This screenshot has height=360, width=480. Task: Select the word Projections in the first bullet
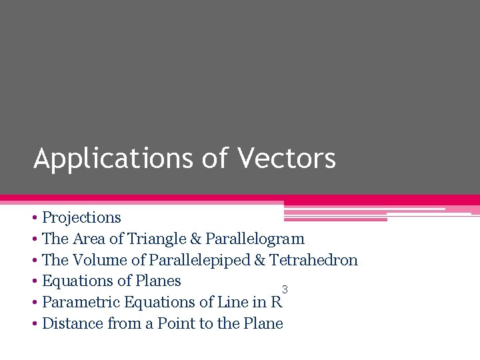pos(81,217)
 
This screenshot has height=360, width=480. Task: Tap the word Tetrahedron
pos(313,260)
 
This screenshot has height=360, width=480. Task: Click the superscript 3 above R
pos(285,289)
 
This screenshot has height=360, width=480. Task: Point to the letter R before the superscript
pos(277,302)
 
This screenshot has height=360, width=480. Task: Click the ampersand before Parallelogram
pos(196,239)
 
